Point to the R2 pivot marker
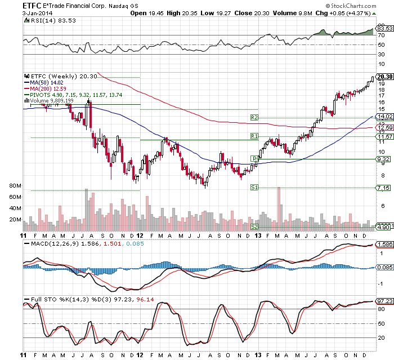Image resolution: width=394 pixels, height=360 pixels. tap(254, 118)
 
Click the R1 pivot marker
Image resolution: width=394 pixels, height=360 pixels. tap(254, 136)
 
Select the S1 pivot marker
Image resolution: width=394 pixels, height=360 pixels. tap(254, 187)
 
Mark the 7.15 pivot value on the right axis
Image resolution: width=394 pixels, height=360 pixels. tap(384, 187)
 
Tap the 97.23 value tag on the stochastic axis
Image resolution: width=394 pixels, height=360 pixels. tap(384, 302)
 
